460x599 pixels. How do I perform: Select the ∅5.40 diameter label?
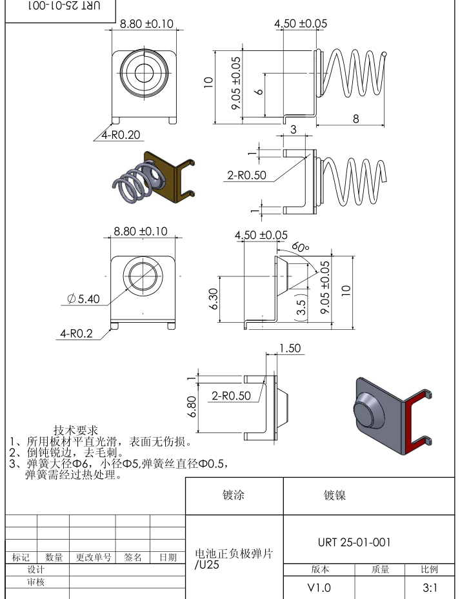[83, 299]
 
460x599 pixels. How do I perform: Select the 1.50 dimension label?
[290, 348]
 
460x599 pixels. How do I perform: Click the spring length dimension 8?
[356, 117]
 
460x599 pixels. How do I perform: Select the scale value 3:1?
[430, 588]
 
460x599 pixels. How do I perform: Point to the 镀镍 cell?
[335, 496]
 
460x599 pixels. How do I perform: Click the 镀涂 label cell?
[234, 496]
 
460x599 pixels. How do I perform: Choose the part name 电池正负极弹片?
[234, 554]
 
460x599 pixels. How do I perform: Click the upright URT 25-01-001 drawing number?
[354, 542]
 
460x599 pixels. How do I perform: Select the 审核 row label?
[36, 582]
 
